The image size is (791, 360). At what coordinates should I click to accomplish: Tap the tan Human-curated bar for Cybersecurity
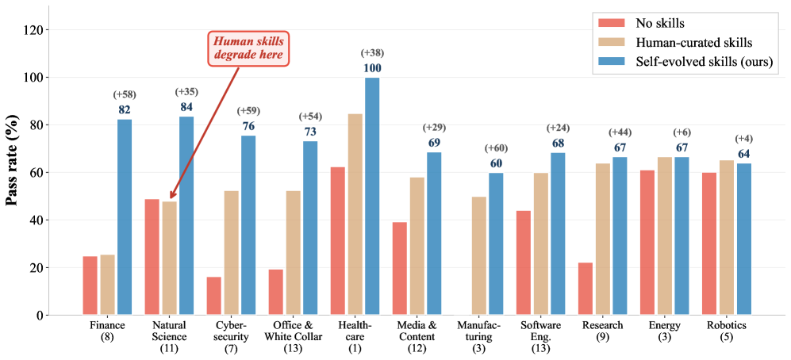pyautogui.click(x=231, y=253)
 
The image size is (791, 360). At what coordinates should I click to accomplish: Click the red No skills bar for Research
pyautogui.click(x=585, y=289)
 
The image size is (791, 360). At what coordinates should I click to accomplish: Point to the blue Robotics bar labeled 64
pyautogui.click(x=743, y=239)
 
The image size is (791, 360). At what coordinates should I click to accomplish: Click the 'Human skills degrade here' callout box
pyautogui.click(x=248, y=48)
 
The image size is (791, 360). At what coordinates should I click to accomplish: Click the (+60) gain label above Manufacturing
pyautogui.click(x=496, y=148)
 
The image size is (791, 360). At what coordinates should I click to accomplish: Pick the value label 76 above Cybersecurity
pyautogui.click(x=248, y=126)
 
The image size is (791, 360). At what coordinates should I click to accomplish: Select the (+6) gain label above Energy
pyautogui.click(x=682, y=132)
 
